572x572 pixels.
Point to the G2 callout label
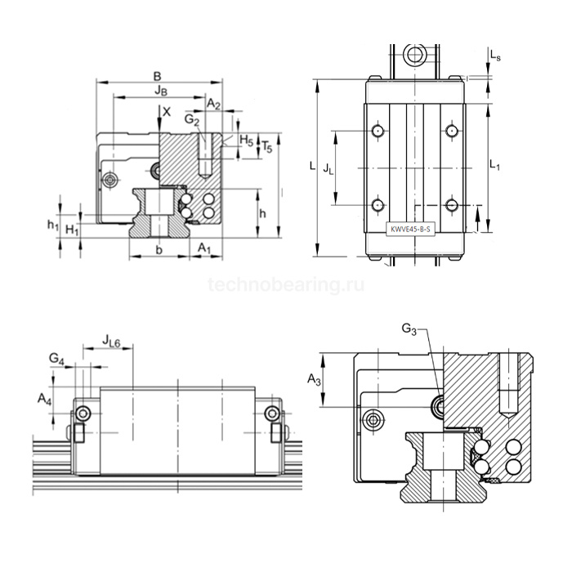pos(192,121)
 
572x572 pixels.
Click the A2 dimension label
pos(213,104)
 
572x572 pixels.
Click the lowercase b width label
pos(159,248)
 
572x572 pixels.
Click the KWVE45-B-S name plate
pos(413,230)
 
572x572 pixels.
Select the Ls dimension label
pos(495,56)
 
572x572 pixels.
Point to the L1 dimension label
pos(494,164)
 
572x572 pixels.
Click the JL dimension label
pos(328,168)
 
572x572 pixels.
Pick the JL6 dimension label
pos(112,339)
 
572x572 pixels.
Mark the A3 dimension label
pos(314,379)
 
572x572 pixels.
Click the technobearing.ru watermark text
pos(286,284)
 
